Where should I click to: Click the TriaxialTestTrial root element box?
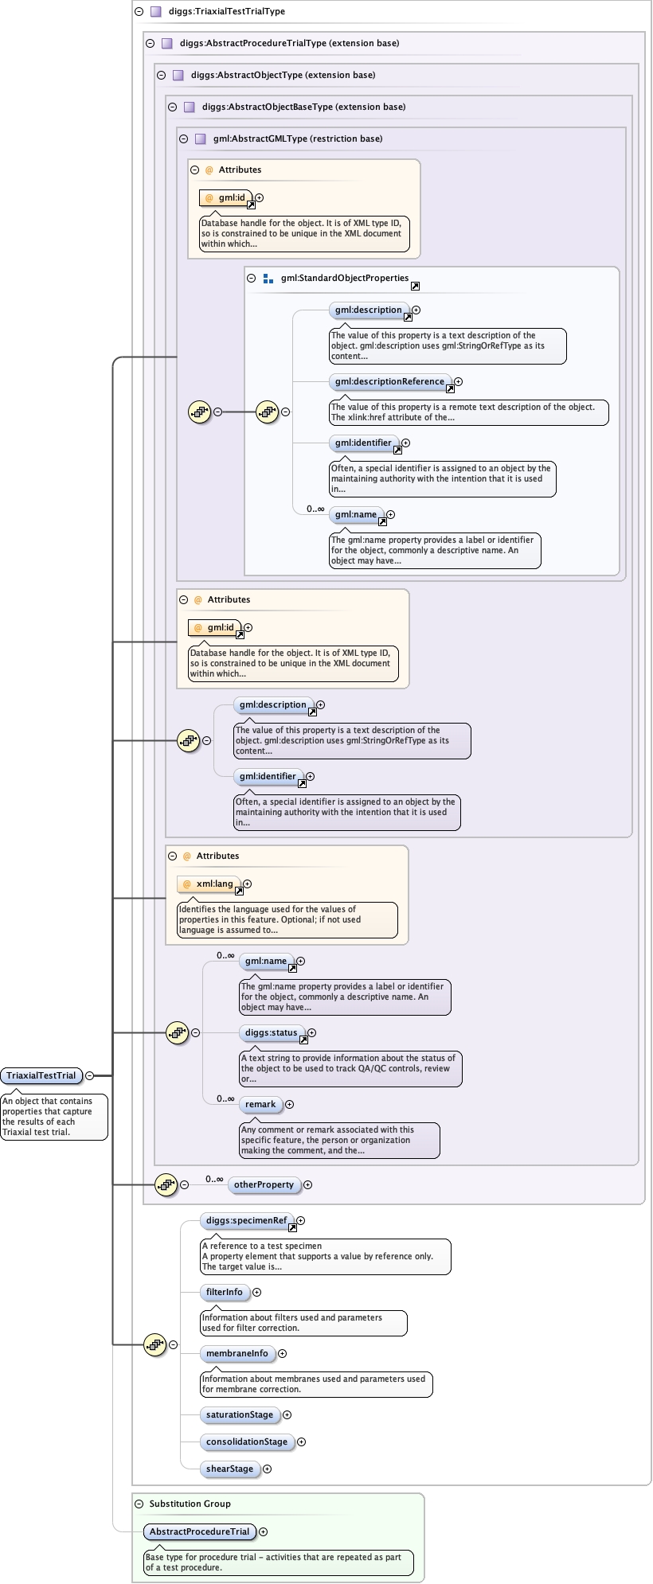point(41,1075)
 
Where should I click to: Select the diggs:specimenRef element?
point(246,1220)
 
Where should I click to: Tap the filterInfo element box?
point(225,1292)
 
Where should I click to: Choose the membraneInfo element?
point(237,1353)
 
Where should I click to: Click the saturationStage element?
point(240,1414)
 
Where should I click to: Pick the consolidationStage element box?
point(247,1442)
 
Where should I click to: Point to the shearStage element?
point(230,1469)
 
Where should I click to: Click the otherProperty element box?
point(264,1184)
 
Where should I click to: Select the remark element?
point(260,1104)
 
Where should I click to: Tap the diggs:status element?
point(272,1032)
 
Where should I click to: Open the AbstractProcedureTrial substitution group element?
point(200,1531)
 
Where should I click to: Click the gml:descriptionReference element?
point(390,381)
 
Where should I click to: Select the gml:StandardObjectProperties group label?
point(345,278)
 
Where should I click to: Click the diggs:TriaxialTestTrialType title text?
point(227,11)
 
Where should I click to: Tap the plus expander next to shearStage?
point(268,1469)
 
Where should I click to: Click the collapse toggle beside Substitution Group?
point(139,1504)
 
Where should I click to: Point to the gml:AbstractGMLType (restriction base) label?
point(298,139)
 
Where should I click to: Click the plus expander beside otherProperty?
point(308,1184)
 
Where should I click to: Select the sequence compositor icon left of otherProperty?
point(166,1184)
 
